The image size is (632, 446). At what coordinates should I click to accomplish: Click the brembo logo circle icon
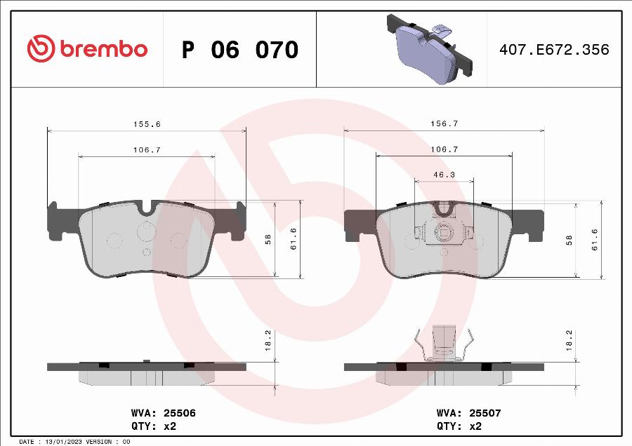click(40, 49)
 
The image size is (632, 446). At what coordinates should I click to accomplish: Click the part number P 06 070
click(240, 50)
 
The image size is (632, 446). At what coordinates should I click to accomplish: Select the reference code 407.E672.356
click(553, 50)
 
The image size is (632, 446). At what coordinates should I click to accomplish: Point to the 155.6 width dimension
click(147, 123)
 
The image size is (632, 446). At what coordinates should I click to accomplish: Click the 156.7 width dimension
click(444, 123)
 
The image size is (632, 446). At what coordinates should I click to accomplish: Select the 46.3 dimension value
click(444, 174)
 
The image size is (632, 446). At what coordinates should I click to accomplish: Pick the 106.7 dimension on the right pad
click(444, 149)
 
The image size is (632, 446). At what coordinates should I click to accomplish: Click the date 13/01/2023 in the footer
click(64, 442)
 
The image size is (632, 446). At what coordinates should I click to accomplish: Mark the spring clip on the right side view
click(443, 344)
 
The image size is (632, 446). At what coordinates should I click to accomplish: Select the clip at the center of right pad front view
click(443, 231)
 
